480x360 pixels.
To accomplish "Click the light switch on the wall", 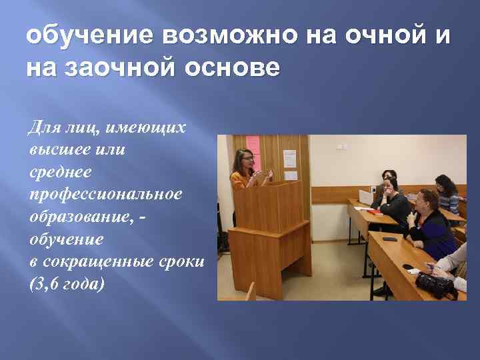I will (341, 145).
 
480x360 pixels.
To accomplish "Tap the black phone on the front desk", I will (389, 238).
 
